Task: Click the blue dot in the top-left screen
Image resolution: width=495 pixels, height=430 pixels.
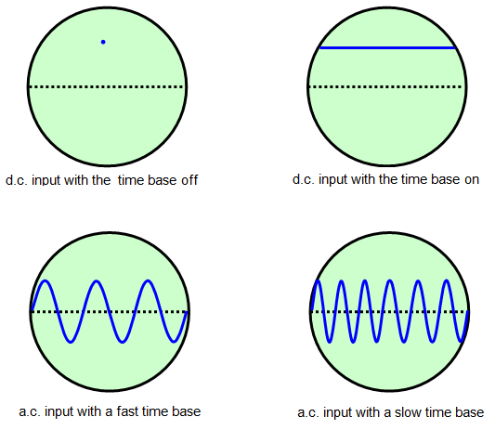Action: point(103,42)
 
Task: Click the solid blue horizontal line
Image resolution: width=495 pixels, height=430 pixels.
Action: point(387,48)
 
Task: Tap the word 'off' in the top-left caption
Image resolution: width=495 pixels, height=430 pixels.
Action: point(189,180)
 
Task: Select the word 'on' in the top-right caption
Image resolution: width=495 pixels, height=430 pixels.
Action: point(472,179)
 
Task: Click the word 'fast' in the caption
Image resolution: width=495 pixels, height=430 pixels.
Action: point(127,411)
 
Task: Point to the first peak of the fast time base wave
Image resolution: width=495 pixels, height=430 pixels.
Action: point(46,280)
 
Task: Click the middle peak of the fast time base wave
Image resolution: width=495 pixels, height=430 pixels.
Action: point(97,280)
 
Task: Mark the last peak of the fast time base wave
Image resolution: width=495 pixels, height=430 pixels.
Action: point(148,280)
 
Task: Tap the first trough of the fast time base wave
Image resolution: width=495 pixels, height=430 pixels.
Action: point(71,342)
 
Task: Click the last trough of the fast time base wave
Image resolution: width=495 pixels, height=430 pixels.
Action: point(174,342)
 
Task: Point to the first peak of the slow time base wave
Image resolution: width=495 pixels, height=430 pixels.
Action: point(318,280)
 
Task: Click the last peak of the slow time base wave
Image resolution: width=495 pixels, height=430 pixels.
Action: point(447,280)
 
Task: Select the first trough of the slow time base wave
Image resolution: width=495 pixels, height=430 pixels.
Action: point(330,342)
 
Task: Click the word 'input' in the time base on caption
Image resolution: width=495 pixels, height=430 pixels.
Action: point(332,179)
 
